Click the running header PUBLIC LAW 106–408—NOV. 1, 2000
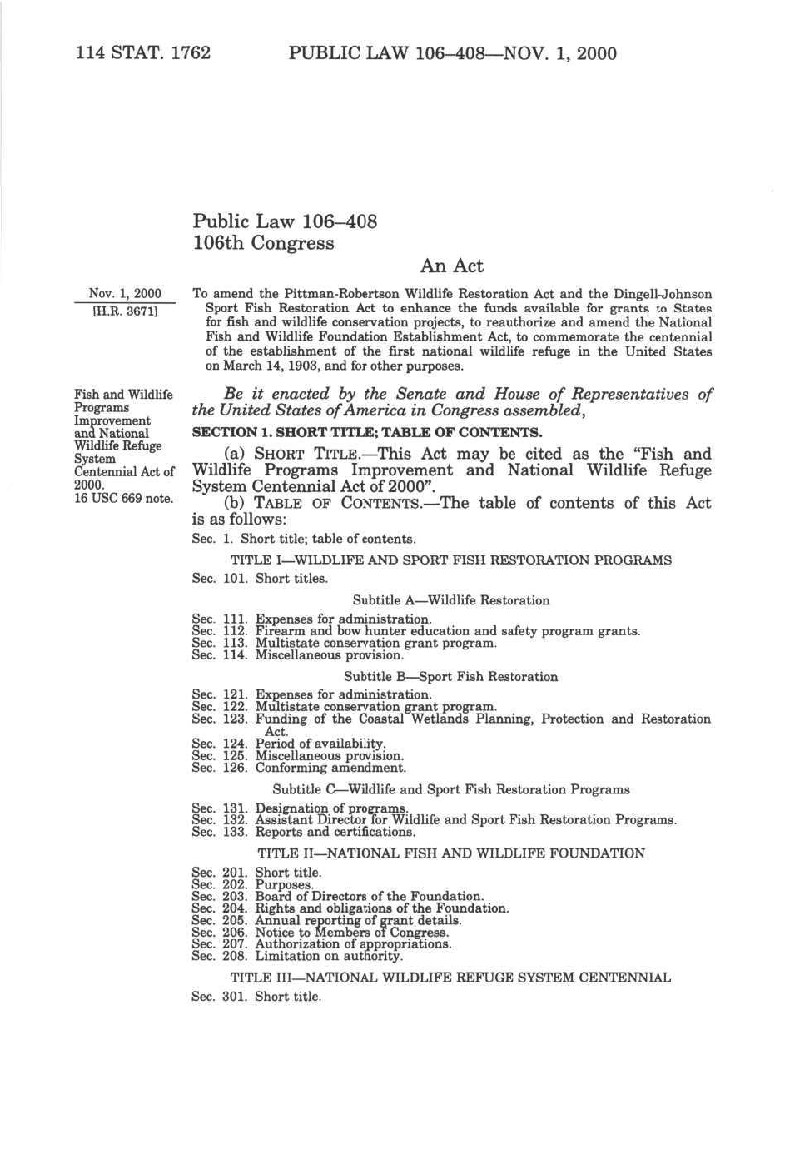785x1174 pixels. (452, 54)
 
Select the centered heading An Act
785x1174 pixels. (451, 266)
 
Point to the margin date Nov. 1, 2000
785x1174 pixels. (125, 294)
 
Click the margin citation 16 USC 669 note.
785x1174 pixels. (123, 498)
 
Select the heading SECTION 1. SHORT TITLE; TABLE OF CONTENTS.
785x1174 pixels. (367, 432)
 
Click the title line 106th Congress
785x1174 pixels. (263, 244)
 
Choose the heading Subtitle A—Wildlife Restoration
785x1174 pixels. (450, 600)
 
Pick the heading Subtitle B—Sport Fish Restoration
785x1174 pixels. (450, 677)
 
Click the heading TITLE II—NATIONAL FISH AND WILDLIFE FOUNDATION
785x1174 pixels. (450, 853)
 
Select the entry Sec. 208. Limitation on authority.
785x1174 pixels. (297, 956)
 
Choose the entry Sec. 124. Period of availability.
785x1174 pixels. (289, 744)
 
